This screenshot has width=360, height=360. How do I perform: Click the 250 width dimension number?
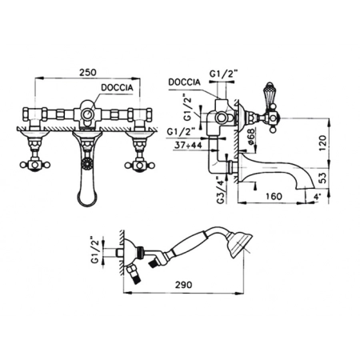(88, 72)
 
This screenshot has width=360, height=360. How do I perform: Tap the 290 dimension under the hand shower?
(183, 285)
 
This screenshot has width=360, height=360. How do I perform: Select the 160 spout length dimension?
(274, 197)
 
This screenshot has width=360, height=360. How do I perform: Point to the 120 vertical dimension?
(322, 143)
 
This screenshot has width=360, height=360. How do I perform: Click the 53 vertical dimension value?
(322, 178)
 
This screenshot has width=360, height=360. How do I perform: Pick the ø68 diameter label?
(251, 138)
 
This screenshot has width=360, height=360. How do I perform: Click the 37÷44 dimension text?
(188, 146)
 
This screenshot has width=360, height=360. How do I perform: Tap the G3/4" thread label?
(221, 190)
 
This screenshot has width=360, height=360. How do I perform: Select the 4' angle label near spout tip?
(317, 198)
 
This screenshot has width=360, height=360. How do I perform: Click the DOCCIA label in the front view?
(117, 87)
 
